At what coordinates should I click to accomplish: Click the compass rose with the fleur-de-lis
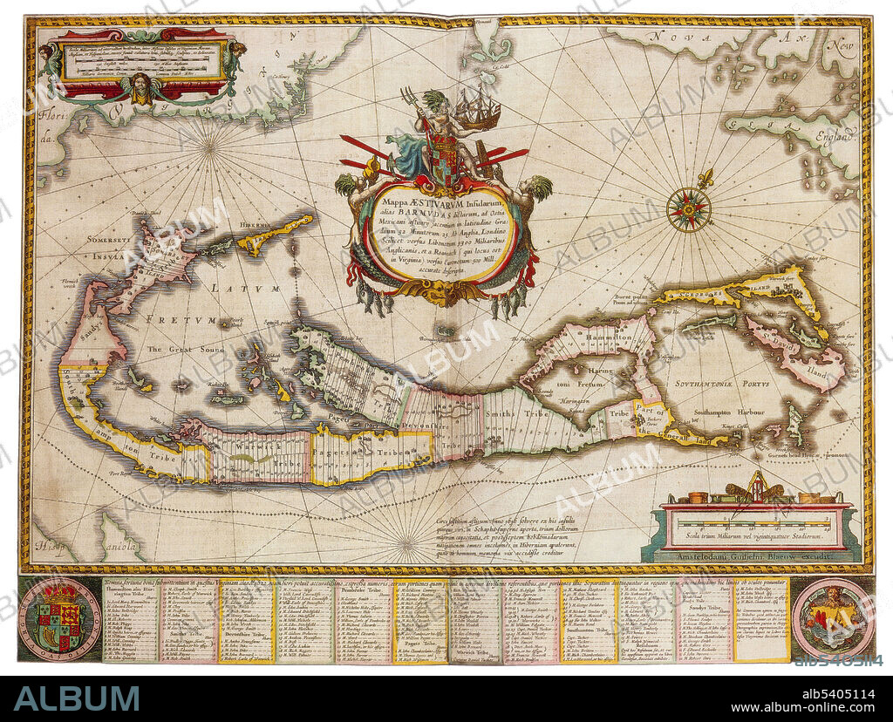point(689,209)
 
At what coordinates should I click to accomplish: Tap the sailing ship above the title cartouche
point(478,110)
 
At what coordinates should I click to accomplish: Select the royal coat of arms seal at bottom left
point(59,617)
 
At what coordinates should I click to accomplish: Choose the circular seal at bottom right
point(832,617)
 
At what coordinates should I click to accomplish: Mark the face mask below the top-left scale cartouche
point(140,88)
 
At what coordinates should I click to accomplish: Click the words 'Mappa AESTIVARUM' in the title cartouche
point(417,199)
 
